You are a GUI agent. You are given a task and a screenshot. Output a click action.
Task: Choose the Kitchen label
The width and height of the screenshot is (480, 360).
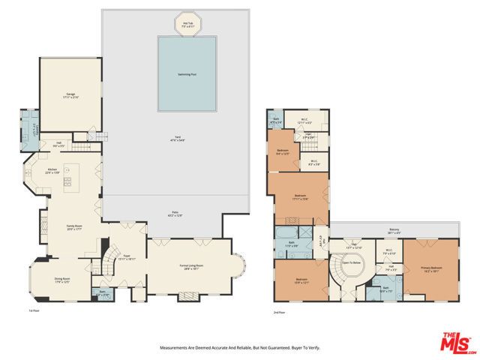(52, 171)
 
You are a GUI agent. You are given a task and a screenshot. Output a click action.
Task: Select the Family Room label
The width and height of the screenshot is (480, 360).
(74, 228)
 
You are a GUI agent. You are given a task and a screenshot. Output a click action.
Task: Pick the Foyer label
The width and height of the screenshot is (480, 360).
(127, 256)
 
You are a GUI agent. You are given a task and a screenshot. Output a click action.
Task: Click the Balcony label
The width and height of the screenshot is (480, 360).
(394, 231)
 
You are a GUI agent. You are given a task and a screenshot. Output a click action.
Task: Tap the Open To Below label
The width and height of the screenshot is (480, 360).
(352, 263)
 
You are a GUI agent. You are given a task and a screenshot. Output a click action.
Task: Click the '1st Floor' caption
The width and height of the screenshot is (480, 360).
(33, 310)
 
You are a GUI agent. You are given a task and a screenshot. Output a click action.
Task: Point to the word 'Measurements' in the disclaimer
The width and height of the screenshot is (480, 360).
(174, 348)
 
